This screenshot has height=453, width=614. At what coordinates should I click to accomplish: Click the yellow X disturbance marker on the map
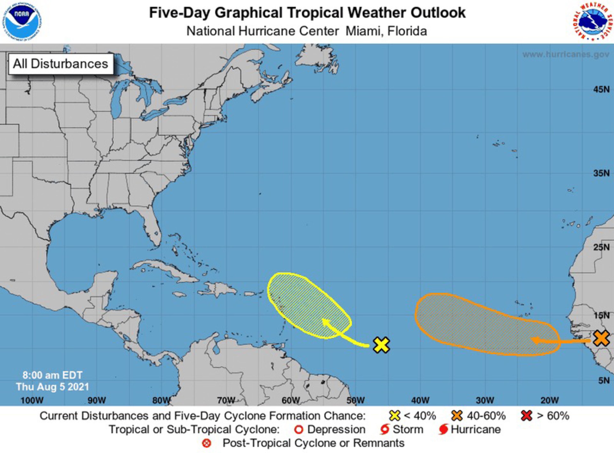[x=381, y=345]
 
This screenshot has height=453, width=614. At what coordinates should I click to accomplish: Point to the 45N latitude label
[x=601, y=89]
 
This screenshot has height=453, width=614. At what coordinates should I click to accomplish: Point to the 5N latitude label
[x=604, y=380]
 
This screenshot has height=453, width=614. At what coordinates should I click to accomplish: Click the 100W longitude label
[x=32, y=400]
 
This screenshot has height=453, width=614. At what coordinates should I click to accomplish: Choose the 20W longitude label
[x=549, y=400]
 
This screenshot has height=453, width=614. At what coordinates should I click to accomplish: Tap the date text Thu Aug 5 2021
[x=52, y=387]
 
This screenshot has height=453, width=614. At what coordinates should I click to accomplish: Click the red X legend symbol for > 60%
[x=526, y=416]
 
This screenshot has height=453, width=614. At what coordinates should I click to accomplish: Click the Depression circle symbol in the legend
[x=299, y=429]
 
